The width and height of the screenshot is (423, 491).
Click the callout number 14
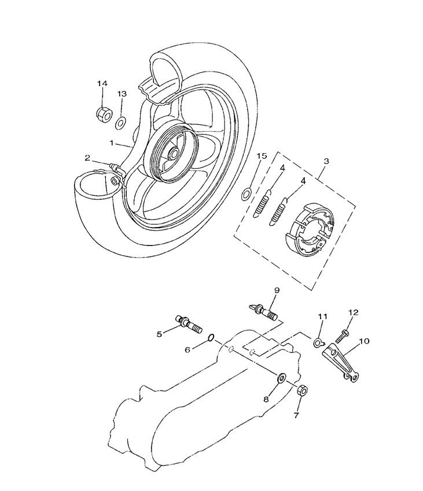(x=102, y=84)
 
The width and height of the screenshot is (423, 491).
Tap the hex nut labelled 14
(x=102, y=113)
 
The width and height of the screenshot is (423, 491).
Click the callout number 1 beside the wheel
(x=111, y=141)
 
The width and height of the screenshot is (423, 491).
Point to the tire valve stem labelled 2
(x=115, y=169)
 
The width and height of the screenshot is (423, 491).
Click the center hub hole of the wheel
(x=174, y=155)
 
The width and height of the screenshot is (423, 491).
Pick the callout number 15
(x=261, y=157)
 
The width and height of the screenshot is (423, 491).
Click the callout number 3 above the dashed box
(x=326, y=162)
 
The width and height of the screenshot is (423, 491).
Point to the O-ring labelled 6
(x=211, y=337)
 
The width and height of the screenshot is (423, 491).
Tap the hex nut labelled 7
(x=302, y=391)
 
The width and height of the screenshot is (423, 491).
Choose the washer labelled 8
(x=281, y=378)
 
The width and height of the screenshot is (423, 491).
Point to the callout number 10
(x=364, y=341)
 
